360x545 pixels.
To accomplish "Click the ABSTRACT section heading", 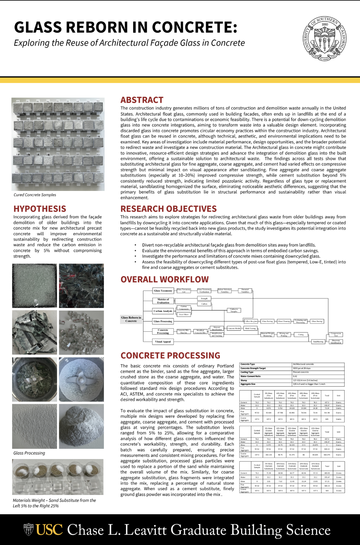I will [x=142, y=100].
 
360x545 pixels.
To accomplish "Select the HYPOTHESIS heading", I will [x=40, y=209].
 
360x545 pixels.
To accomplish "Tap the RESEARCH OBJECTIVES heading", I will [x=169, y=209].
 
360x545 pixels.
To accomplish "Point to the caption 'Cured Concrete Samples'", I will [x=35, y=195].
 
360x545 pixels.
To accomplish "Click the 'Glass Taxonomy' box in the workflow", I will [x=163, y=291].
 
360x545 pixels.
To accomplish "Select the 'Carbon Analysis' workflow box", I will [x=163, y=311].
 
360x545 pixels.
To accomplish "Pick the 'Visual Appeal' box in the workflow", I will [x=163, y=342].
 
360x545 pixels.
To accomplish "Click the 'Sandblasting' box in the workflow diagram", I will [x=318, y=342].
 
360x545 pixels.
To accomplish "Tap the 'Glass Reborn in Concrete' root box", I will [x=131, y=319].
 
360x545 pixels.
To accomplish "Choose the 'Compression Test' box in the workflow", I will [x=336, y=334].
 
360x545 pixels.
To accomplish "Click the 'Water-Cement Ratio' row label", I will [x=251, y=376].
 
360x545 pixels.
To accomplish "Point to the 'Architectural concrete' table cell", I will [x=303, y=364].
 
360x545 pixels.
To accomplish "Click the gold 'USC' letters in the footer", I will [x=49, y=530].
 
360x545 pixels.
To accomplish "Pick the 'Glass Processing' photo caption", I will [x=29, y=453].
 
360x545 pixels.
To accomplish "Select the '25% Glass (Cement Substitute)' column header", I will [x=315, y=466].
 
